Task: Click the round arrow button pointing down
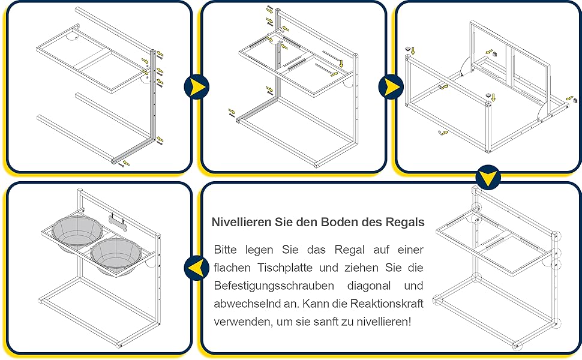tap(488, 178)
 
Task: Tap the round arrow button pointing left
tap(196, 268)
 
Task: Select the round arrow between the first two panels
tap(196, 87)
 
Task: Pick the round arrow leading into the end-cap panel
tap(391, 87)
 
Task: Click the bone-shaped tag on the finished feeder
tap(117, 223)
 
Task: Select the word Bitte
tap(226, 250)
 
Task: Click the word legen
tap(259, 250)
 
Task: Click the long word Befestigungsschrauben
tap(274, 286)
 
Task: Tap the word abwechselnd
tap(248, 304)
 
